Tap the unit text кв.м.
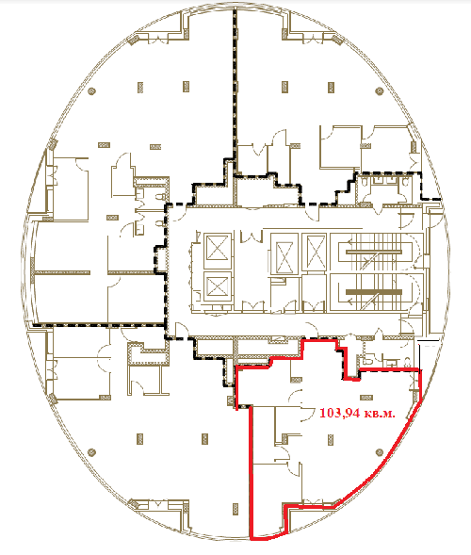pos(380,414)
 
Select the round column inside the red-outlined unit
pos(380,452)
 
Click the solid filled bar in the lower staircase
pos(374,292)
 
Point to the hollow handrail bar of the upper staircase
pos(374,252)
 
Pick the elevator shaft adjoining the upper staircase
pos(316,253)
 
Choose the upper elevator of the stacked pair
pos(218,251)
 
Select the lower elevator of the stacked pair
pos(218,286)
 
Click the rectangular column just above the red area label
pos(365,398)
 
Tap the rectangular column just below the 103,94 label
pos(331,439)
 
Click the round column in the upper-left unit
pos(92,91)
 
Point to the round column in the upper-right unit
pos(380,91)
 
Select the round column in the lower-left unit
pos(92,452)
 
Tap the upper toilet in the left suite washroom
pos(160,196)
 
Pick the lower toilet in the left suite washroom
pos(160,223)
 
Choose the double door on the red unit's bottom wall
pos(313,502)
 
